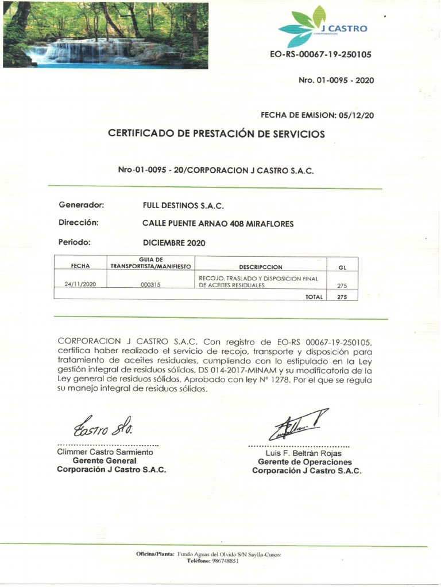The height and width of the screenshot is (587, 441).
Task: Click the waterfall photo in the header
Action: [x=106, y=35]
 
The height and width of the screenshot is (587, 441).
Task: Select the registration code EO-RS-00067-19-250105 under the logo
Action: [x=320, y=55]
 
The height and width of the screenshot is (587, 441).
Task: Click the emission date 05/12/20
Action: [x=357, y=115]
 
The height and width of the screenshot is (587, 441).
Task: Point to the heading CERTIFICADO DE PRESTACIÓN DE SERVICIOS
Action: [x=216, y=134]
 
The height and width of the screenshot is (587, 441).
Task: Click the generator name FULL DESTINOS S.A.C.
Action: [x=183, y=205]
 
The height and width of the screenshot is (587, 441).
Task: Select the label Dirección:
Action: [x=79, y=222]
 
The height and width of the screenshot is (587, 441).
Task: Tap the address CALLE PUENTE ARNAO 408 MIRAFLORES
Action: [x=218, y=224]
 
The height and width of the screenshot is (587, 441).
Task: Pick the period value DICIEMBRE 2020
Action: [x=174, y=242]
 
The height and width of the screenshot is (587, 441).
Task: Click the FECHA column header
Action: [x=80, y=267]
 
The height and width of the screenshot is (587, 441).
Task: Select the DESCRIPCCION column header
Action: [x=261, y=267]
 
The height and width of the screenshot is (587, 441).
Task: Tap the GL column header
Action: [x=342, y=267]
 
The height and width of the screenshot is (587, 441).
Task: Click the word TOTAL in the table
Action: [x=314, y=297]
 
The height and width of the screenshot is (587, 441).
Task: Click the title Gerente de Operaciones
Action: [x=305, y=462]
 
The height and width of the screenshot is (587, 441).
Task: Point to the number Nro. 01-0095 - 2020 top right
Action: [x=336, y=80]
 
